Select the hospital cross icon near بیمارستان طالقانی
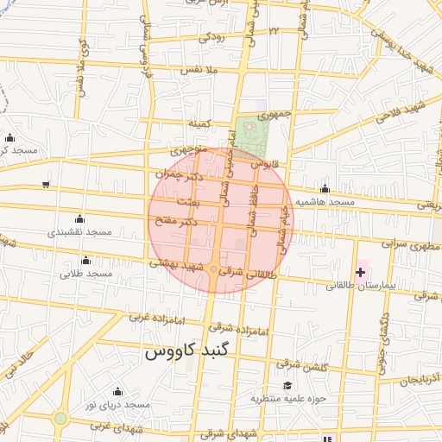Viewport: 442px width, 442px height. (x=360, y=272)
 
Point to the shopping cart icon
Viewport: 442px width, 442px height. (x=45, y=185)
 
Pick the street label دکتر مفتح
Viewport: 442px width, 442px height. (x=181, y=222)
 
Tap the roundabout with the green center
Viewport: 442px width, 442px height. (x=60, y=419)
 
